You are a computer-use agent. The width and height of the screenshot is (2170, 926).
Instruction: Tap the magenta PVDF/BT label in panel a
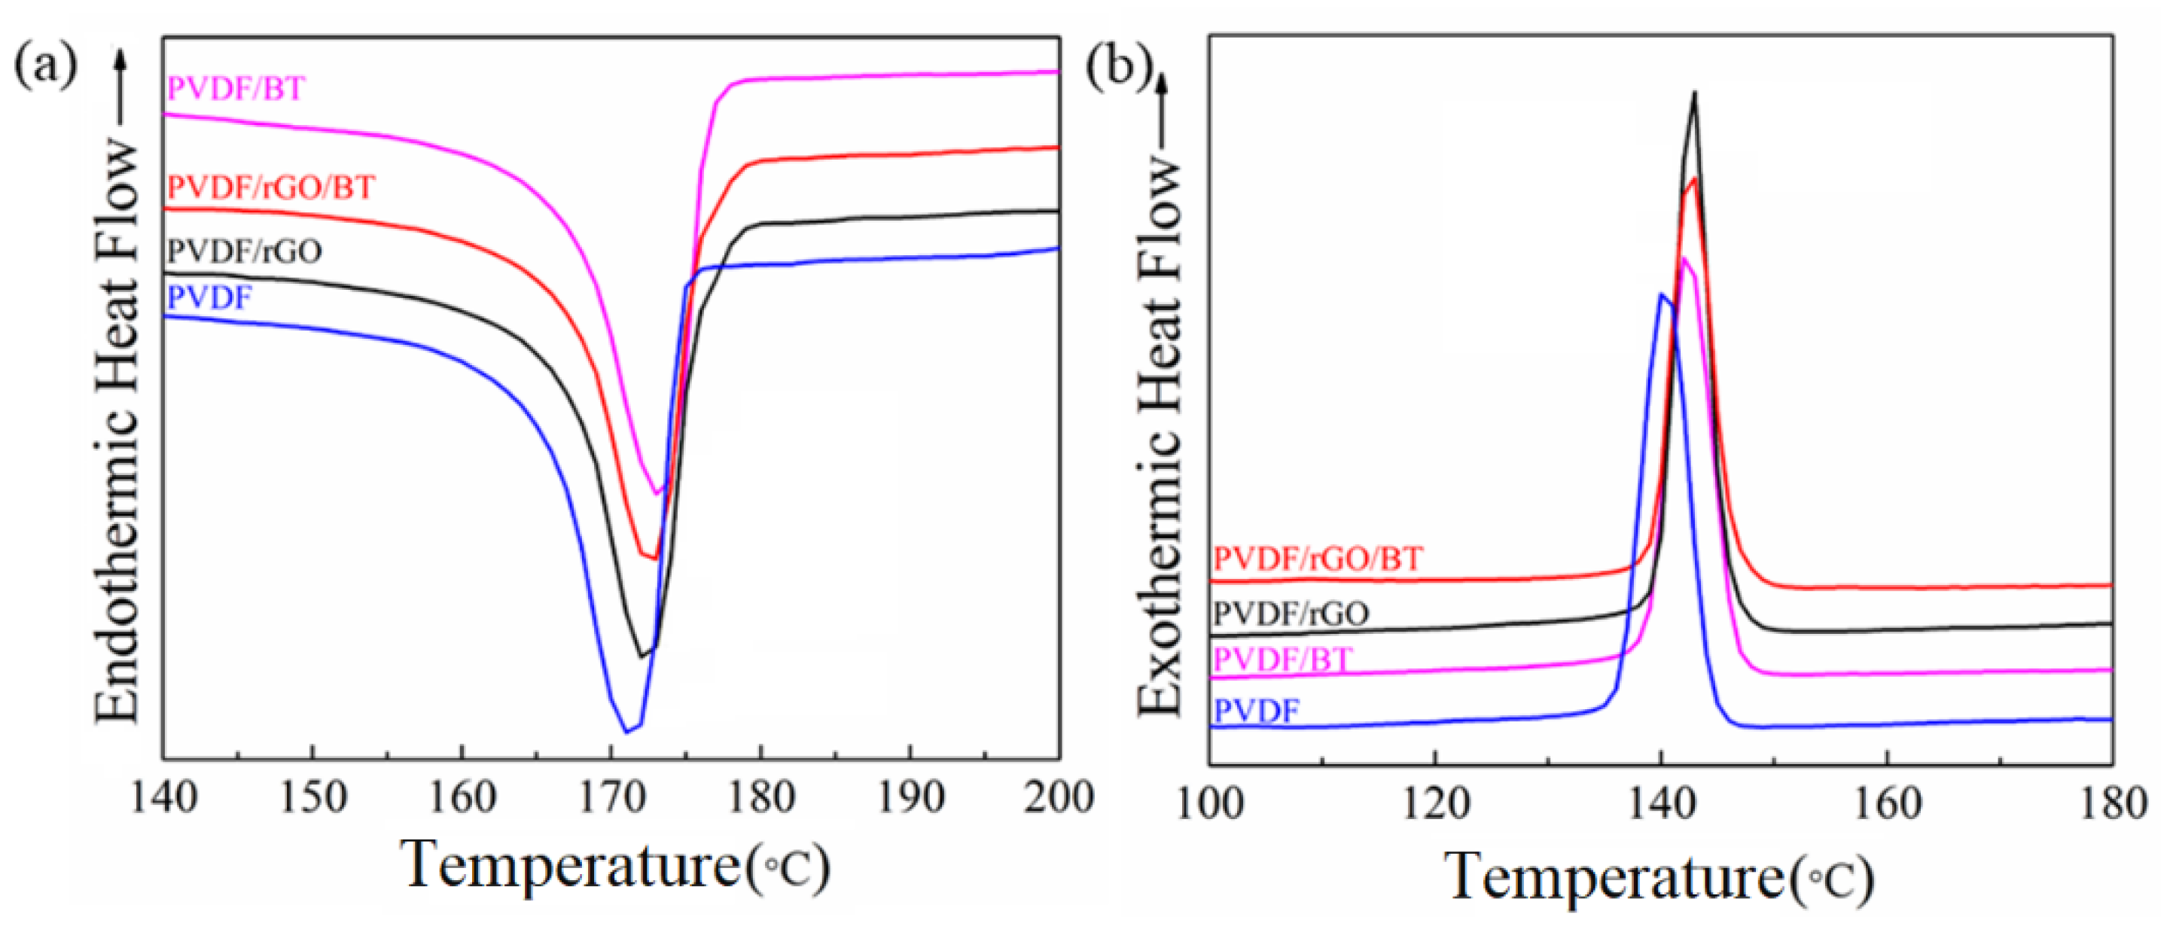[236, 89]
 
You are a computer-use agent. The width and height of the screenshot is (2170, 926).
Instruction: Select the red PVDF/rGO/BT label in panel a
[271, 186]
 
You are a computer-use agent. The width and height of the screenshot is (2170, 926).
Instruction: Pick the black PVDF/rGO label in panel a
[244, 251]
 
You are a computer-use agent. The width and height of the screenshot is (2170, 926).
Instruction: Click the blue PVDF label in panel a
[209, 297]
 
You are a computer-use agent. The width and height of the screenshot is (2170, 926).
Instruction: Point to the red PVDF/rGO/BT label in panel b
[1318, 558]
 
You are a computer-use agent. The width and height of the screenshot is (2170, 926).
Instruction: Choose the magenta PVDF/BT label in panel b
[1282, 659]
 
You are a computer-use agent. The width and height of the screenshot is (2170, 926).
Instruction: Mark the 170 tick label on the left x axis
[611, 797]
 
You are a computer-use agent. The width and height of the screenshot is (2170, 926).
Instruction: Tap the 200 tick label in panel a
[1057, 797]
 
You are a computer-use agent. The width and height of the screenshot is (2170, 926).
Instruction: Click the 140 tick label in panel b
[1660, 804]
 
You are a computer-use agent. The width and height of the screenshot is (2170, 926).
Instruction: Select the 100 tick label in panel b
[1210, 804]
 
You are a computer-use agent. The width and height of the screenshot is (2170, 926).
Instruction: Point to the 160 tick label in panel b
[1887, 804]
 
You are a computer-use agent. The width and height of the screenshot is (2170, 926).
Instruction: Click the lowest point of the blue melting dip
[626, 731]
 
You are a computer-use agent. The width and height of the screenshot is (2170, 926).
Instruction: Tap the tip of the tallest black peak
[1695, 93]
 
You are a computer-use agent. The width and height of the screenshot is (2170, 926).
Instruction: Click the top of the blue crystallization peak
[1660, 294]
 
